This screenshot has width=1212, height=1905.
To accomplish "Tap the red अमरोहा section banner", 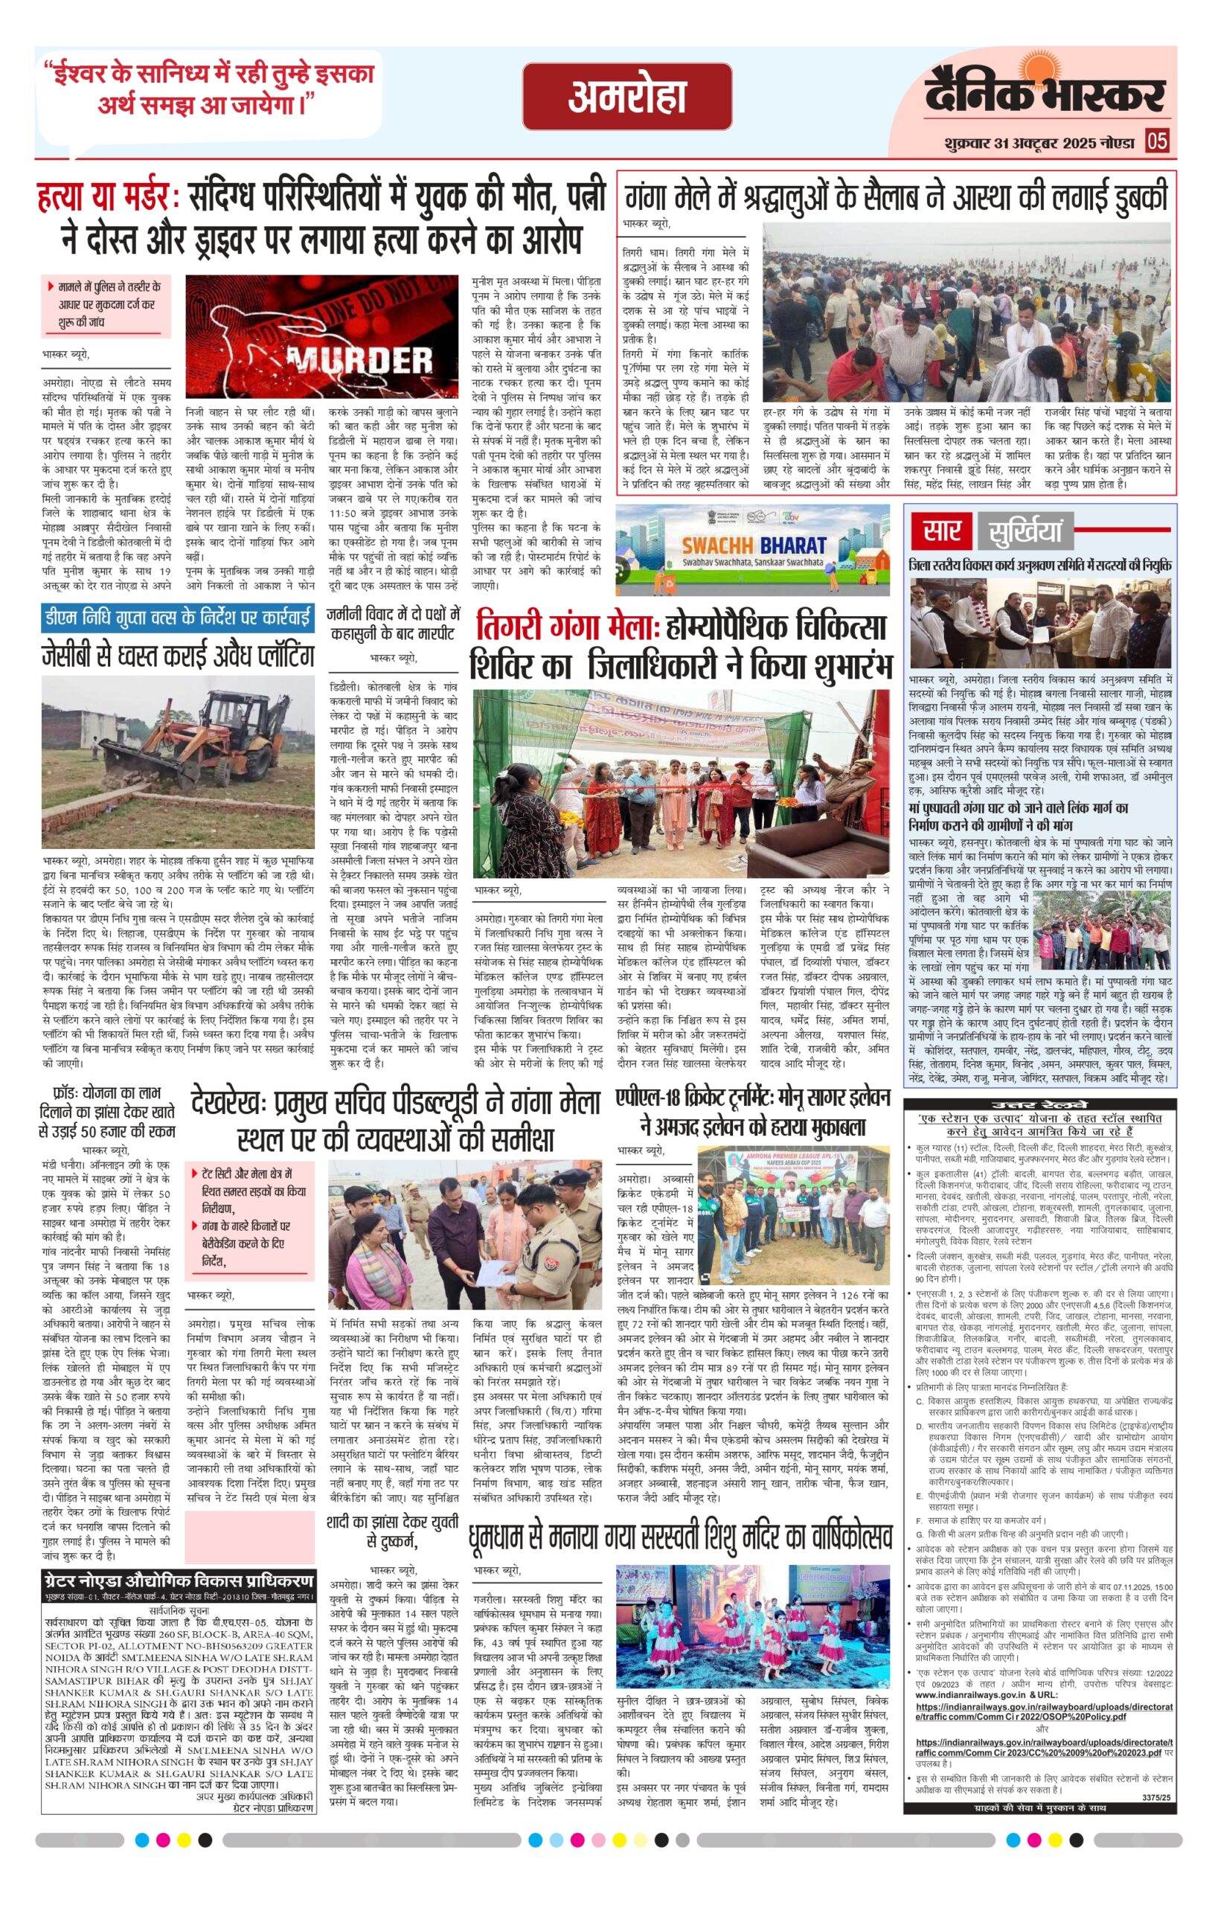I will pos(626,97).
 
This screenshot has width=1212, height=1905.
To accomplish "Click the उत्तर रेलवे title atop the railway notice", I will pos(1039,1105).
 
